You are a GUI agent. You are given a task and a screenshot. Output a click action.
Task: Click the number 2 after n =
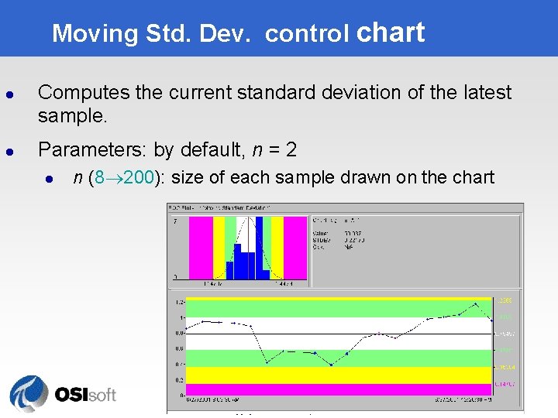(x=291, y=149)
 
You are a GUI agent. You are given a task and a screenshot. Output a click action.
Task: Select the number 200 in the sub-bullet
(x=138, y=177)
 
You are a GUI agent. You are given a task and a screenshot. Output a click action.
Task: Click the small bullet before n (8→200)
(x=48, y=179)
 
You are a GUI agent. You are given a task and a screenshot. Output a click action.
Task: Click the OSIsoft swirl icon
(x=29, y=394)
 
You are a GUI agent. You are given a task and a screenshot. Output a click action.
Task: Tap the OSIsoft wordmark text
(x=85, y=395)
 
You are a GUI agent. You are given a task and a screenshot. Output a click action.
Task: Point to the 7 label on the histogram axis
(x=175, y=221)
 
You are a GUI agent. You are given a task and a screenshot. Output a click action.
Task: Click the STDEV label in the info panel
(x=322, y=240)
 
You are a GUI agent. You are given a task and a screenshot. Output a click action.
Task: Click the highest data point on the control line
(x=475, y=303)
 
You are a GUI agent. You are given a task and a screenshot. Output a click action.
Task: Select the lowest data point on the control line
(x=331, y=365)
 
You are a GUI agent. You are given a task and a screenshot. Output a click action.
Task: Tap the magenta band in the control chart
(x=333, y=389)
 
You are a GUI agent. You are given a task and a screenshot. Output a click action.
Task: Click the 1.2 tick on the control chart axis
(x=179, y=302)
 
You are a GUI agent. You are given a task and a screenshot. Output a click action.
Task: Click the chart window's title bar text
(x=225, y=207)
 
